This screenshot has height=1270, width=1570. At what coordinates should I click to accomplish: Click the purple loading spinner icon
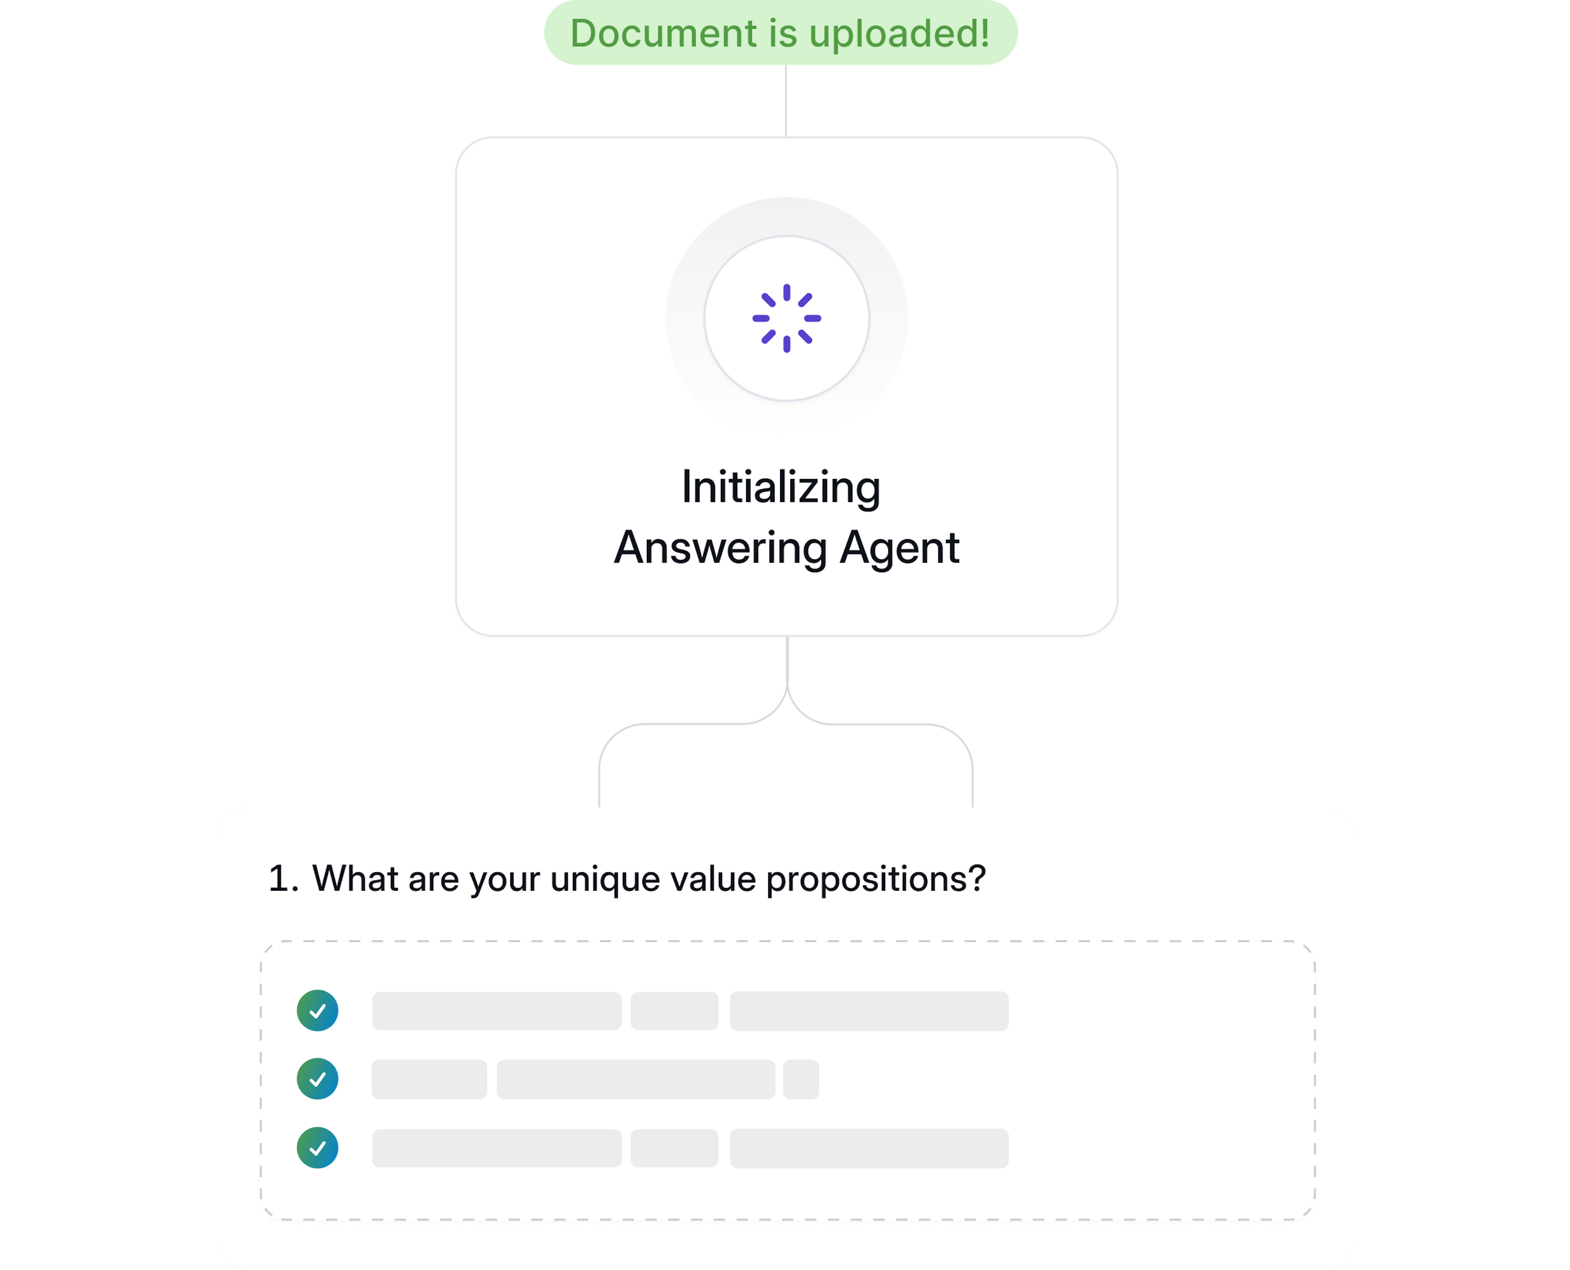(787, 318)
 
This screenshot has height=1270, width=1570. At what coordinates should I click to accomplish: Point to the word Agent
(899, 549)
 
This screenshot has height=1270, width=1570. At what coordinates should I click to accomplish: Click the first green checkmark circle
(318, 1010)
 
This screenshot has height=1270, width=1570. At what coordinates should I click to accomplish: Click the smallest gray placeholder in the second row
(801, 1079)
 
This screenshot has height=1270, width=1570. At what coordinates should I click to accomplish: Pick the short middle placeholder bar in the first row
(675, 1011)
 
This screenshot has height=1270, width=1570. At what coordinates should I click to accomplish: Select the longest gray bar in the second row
(636, 1079)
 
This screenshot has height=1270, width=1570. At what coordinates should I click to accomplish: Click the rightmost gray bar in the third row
(869, 1148)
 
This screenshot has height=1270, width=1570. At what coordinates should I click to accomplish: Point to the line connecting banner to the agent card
(786, 101)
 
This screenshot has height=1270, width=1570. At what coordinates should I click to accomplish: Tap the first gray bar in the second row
(429, 1079)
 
